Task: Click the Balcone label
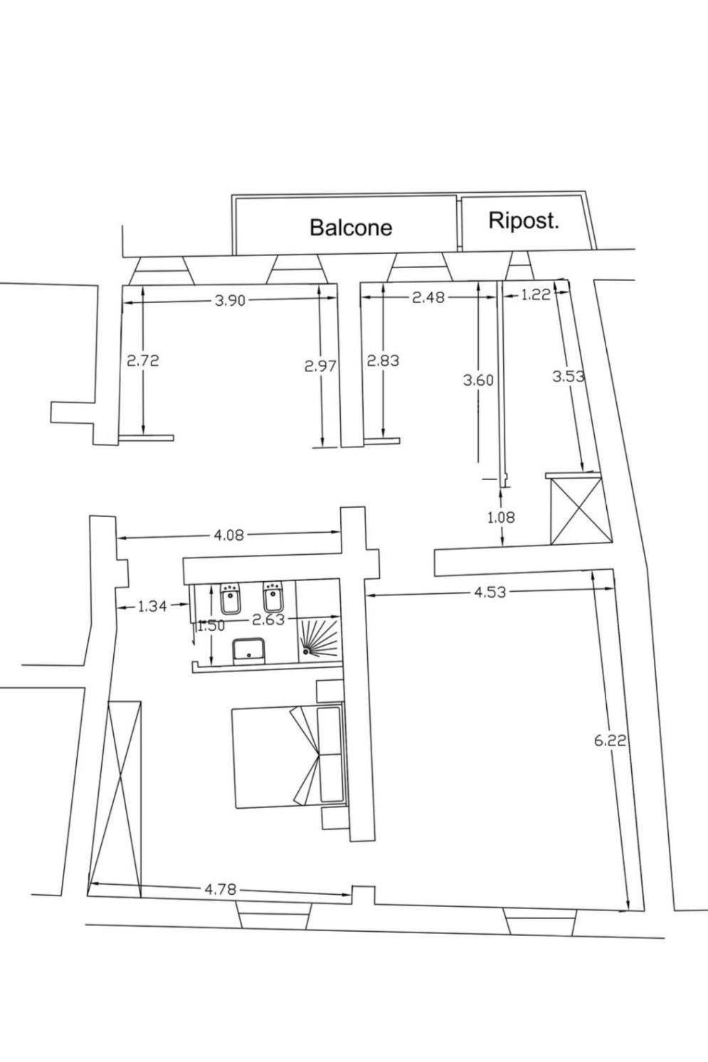point(351,227)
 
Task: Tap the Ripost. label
point(523,221)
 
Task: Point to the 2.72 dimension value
point(143,361)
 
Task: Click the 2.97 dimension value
point(320,366)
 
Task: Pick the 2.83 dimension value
point(383,361)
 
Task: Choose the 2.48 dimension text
point(428,297)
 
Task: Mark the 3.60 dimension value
point(478,381)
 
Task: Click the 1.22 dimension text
point(536,294)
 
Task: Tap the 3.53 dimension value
point(569,376)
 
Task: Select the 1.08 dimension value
point(501,517)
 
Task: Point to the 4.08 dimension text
point(229,535)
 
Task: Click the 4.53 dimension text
point(490,591)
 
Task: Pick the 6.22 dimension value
point(610,740)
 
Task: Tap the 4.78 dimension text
point(220,888)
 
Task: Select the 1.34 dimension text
point(152,607)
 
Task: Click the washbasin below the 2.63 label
point(249,649)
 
